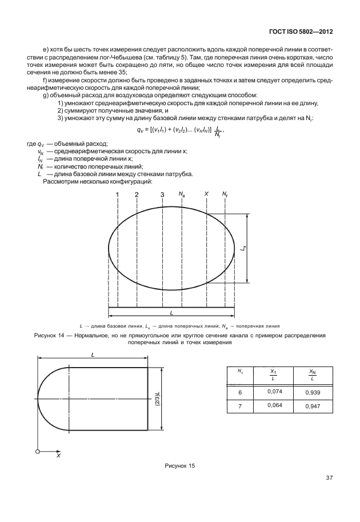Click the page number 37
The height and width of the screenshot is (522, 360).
pyautogui.click(x=329, y=477)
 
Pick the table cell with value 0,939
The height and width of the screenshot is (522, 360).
pyautogui.click(x=313, y=393)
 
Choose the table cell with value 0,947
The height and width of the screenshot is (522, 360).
pyautogui.click(x=313, y=407)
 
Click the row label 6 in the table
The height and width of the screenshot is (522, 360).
pyautogui.click(x=240, y=393)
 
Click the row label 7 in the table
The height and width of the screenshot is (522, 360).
pyautogui.click(x=240, y=407)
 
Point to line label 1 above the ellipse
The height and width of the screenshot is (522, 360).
pyautogui.click(x=117, y=195)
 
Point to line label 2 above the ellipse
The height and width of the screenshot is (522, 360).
pyautogui.click(x=137, y=195)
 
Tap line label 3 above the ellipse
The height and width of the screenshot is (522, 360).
pyautogui.click(x=162, y=196)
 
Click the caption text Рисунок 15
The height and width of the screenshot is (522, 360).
pyautogui.click(x=179, y=466)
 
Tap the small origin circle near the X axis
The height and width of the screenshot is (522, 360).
pyautogui.click(x=38, y=452)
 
